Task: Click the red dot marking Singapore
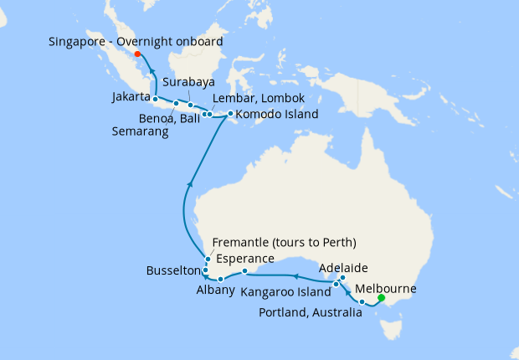pos(137,55)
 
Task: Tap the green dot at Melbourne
pos(381,297)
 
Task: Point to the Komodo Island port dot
pos(230,113)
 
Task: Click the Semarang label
pos(140,131)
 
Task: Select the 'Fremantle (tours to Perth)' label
pos(285,243)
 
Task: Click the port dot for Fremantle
pos(208,260)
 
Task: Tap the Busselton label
pos(173,271)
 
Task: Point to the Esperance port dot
pos(244,271)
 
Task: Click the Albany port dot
pos(220,279)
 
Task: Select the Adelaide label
pos(345,268)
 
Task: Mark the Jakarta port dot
pos(156,99)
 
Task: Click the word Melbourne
pos(387,289)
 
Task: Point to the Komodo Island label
pos(276,114)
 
